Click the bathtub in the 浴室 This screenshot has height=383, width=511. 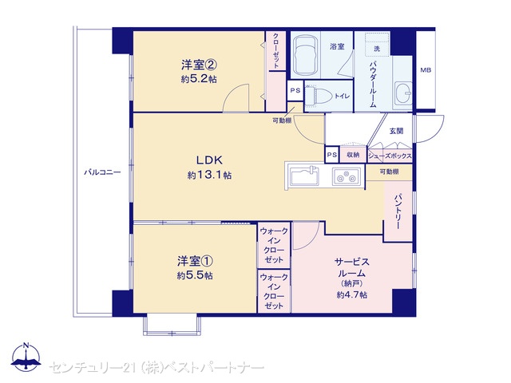click(x=305, y=55)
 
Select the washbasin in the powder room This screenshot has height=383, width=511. click(x=403, y=93)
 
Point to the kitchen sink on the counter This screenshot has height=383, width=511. click(x=305, y=176)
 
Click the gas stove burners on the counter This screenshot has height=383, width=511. click(x=346, y=176)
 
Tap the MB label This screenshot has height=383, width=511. click(x=426, y=70)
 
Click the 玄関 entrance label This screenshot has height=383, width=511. click(x=396, y=131)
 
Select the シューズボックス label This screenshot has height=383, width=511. click(x=390, y=156)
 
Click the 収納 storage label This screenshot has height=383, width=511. click(x=353, y=155)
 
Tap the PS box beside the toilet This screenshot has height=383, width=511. click(x=295, y=90)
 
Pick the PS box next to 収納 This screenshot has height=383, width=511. click(x=332, y=155)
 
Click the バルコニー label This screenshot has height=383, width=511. click(x=102, y=172)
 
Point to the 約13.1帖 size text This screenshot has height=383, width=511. click(x=209, y=176)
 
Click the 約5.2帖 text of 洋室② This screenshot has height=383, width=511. click(x=199, y=79)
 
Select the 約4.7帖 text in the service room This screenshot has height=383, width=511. click(x=352, y=294)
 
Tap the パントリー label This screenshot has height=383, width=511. click(x=398, y=211)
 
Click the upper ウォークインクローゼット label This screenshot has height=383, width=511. click(x=274, y=246)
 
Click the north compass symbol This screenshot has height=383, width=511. click(x=26, y=357)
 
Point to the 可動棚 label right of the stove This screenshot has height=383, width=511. click(x=389, y=172)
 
